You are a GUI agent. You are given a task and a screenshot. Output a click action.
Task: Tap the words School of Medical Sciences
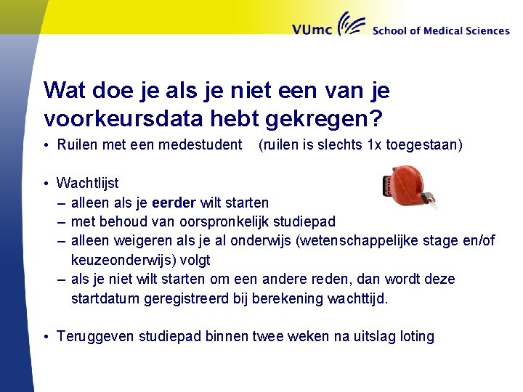(440, 31)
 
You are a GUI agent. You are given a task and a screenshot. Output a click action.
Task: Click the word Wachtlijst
(87, 183)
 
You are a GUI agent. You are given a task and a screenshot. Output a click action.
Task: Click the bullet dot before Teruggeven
(45, 337)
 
